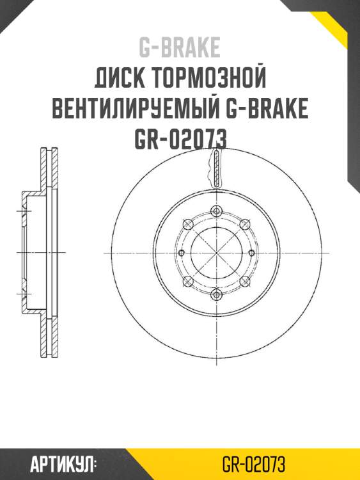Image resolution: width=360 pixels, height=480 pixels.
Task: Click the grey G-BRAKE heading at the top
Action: (180, 47)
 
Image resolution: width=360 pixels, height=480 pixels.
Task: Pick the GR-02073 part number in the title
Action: (180, 139)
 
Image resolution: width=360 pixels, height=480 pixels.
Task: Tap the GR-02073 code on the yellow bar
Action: (253, 463)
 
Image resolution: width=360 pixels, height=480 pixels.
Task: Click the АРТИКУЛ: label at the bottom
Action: (62, 463)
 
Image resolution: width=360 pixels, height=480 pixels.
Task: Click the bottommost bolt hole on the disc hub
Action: (215, 294)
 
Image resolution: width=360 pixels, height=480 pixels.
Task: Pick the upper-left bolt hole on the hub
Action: (187, 224)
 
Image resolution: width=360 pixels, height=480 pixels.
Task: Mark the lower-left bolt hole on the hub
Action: (187, 282)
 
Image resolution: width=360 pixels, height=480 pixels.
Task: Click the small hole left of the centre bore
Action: (181, 253)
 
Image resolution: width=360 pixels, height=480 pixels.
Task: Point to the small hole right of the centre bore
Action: (251, 253)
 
